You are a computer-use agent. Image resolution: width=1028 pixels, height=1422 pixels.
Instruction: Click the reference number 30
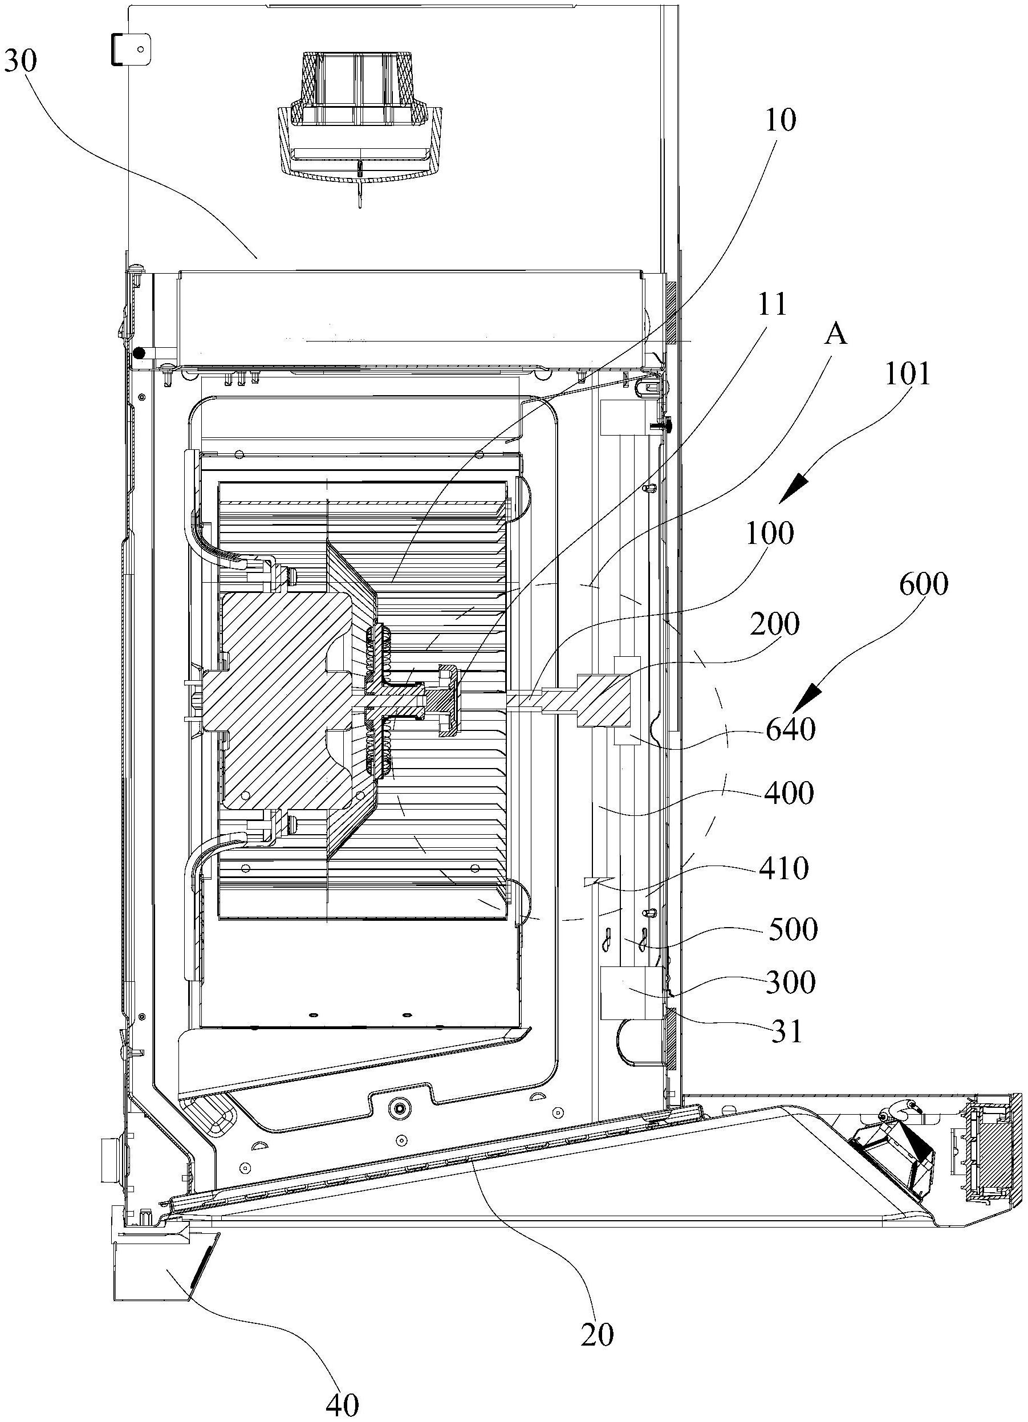click(x=21, y=62)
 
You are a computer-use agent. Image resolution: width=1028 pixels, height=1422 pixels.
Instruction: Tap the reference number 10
click(x=781, y=120)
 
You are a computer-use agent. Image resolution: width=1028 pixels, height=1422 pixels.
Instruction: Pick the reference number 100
click(x=770, y=534)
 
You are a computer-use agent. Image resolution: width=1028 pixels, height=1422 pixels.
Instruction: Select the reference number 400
click(x=789, y=793)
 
